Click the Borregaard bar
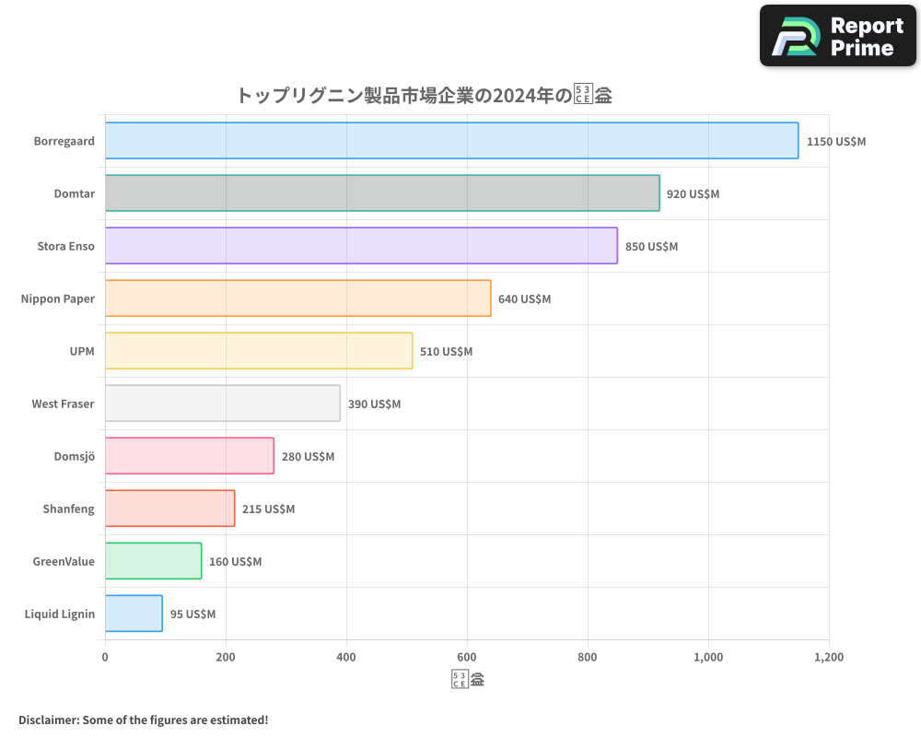[x=451, y=141]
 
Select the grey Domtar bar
[x=382, y=193]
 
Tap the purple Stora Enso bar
[x=361, y=246]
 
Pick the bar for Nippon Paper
[x=297, y=298]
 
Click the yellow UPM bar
[x=259, y=351]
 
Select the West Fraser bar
[x=222, y=404]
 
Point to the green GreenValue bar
[x=153, y=561]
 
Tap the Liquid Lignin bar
[x=134, y=614]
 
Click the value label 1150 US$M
[x=836, y=142]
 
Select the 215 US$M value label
[x=268, y=509]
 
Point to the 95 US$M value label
[x=192, y=614]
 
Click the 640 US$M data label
[x=524, y=299]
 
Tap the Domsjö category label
[x=75, y=456]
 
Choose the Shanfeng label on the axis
[x=68, y=509]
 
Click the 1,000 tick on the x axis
[x=708, y=658]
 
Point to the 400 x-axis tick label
[x=346, y=658]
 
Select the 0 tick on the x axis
[x=105, y=658]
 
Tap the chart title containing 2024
[x=425, y=95]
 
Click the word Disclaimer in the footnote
[x=47, y=719]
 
